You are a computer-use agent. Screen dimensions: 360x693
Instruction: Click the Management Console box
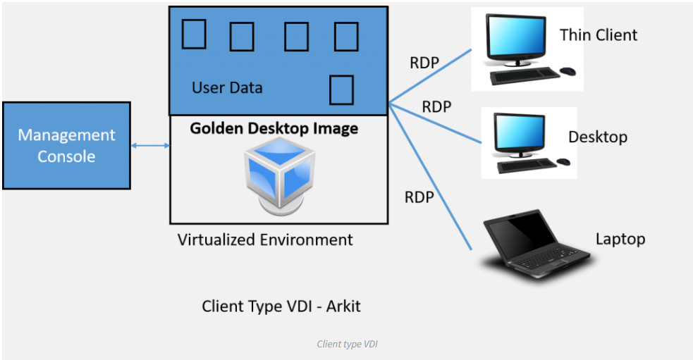click(66, 145)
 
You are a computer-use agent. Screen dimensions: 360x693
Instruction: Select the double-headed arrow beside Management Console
click(150, 146)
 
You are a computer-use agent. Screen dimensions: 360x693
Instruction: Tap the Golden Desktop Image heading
click(274, 129)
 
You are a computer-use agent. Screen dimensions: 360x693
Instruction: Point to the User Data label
click(227, 88)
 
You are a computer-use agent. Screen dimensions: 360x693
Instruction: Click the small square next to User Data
click(341, 89)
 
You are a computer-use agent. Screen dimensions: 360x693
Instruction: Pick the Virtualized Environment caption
click(265, 240)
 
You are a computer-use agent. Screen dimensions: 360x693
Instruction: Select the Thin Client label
click(598, 35)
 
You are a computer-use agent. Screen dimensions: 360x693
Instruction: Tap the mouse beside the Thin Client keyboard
click(568, 70)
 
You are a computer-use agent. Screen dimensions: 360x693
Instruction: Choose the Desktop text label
click(598, 137)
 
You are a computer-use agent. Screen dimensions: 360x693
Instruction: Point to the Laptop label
click(620, 239)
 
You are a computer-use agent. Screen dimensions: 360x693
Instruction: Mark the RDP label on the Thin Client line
click(424, 63)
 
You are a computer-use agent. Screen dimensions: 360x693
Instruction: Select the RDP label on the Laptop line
click(419, 197)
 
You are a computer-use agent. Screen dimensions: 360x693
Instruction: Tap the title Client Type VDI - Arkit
click(281, 306)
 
